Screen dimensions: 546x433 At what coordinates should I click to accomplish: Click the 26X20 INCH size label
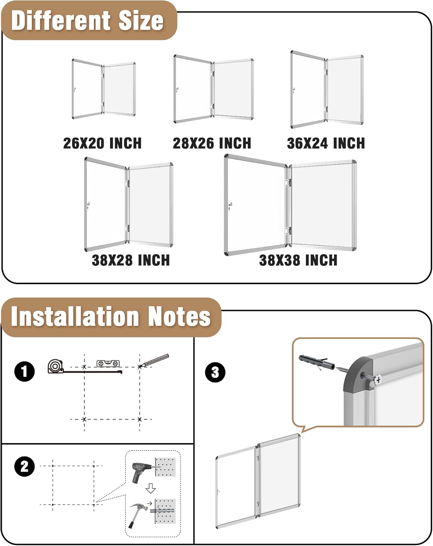click(102, 143)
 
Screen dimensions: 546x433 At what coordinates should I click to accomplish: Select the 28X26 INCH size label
click(212, 143)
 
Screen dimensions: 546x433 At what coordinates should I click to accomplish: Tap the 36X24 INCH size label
click(326, 143)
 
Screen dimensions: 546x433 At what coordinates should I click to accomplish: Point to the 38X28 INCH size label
click(131, 260)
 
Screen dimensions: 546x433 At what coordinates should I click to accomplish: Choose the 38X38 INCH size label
click(298, 260)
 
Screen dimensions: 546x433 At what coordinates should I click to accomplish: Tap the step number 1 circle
click(24, 372)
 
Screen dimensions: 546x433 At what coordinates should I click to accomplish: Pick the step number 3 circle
click(215, 372)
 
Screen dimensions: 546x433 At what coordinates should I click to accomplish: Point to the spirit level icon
click(108, 363)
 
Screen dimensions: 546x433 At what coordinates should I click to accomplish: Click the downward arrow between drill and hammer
click(151, 488)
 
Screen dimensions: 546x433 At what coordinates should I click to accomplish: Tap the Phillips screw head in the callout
click(378, 379)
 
